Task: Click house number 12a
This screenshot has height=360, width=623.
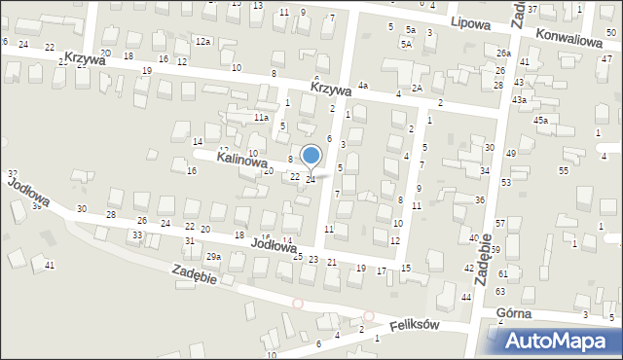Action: (202, 42)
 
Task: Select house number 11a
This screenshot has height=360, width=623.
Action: (261, 118)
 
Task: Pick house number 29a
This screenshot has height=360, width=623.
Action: (213, 256)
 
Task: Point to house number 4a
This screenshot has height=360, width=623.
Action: (362, 86)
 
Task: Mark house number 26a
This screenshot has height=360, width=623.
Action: (502, 53)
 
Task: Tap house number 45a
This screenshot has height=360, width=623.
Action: (539, 120)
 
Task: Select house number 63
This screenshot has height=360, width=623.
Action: (500, 291)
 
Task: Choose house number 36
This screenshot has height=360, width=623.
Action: (480, 199)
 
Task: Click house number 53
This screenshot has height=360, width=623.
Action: (506, 183)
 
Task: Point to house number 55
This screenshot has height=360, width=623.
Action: (564, 171)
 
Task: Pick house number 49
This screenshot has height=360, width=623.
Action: (510, 154)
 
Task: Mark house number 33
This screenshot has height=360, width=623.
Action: (138, 235)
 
